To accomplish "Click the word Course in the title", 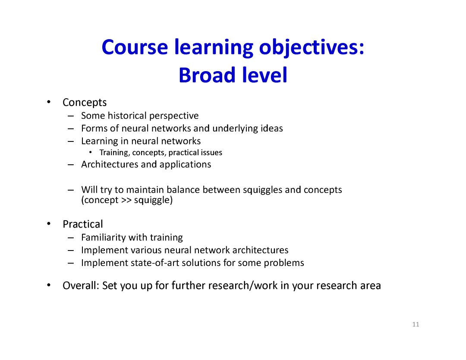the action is point(135,47).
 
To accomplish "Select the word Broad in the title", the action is point(207,75).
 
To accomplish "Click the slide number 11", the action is point(416,324).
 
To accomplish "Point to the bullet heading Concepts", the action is point(85,103).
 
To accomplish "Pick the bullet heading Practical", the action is point(82,224).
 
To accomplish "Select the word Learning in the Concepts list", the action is point(100,141).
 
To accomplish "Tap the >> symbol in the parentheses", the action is point(126,200).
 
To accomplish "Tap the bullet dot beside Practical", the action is point(49,224).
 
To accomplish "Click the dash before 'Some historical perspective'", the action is point(71,116).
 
